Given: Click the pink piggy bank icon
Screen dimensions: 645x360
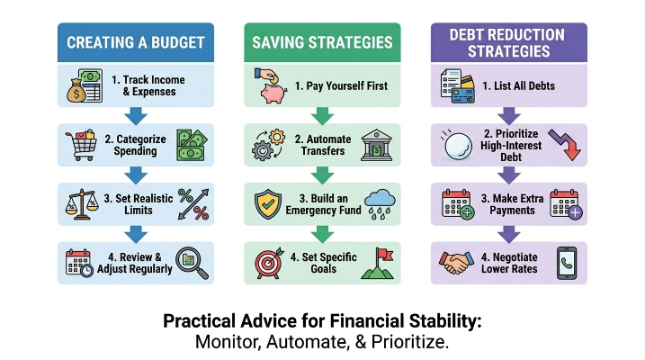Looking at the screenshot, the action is [273, 93].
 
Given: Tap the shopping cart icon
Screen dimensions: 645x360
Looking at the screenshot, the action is [81, 145].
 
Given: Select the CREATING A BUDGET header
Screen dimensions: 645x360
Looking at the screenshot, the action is [136, 42].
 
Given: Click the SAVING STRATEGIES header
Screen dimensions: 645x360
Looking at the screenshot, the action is [322, 42].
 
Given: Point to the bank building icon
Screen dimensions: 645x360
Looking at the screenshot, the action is [376, 145].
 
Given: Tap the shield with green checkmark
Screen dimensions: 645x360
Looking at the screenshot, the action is [268, 204].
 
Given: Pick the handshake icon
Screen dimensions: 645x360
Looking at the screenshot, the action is [456, 263].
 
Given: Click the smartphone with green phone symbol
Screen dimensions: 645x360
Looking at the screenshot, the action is [567, 264].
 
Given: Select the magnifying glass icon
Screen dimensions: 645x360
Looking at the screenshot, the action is [192, 263].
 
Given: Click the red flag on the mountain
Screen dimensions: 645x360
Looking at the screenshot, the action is [385, 255].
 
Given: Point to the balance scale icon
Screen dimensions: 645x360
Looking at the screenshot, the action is [82, 204].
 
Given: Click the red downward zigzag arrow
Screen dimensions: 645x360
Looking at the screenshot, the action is [565, 145].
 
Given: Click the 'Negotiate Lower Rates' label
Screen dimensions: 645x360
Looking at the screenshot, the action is [509, 263].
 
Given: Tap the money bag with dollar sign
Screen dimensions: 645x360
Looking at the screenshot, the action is [76, 91].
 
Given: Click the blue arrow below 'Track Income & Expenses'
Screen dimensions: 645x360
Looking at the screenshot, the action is [136, 116].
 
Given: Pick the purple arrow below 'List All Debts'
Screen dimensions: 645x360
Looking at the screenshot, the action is [509, 116].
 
